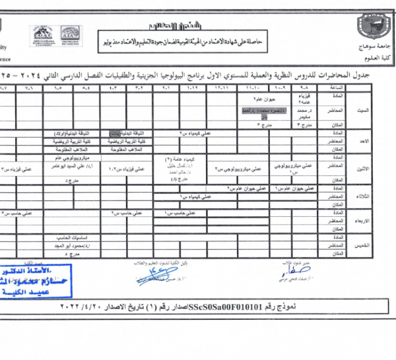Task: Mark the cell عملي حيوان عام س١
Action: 280,189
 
